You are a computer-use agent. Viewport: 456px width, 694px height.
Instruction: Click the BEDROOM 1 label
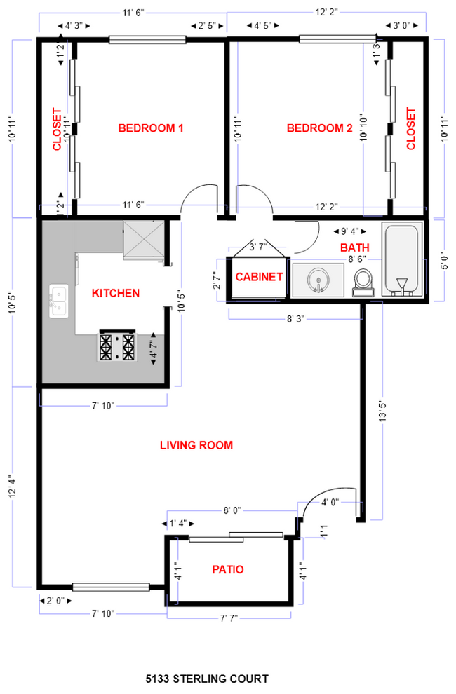point(150,128)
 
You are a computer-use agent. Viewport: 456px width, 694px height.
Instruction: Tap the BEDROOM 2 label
point(319,128)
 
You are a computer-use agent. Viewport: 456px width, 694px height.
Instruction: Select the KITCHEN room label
point(116,293)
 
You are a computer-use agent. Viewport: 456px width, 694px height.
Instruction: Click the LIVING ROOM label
point(196,445)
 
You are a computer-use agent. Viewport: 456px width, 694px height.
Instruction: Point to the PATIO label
point(228,570)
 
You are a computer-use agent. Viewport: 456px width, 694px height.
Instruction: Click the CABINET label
point(259,277)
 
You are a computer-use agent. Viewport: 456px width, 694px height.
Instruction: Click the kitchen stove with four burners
point(117,346)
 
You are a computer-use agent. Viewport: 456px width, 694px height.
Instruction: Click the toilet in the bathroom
point(363,282)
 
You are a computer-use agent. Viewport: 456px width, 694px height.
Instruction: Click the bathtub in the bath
point(402,261)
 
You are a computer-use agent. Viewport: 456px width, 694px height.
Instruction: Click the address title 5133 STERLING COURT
point(207,679)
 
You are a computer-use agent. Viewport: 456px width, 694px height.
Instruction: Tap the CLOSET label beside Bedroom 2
point(411,128)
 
